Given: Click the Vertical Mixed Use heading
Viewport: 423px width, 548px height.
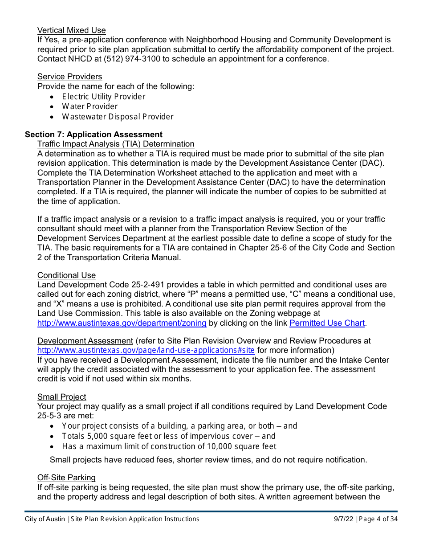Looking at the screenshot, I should [x=71, y=30].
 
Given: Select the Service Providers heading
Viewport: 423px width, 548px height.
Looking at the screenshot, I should [x=69, y=77].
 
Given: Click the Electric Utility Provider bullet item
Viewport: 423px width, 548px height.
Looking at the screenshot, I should [x=103, y=97].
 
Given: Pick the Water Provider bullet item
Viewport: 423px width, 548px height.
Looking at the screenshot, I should [x=89, y=106].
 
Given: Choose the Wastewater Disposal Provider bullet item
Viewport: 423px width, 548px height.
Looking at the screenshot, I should [x=118, y=117].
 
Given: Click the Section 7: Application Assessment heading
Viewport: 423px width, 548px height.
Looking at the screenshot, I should [x=94, y=135].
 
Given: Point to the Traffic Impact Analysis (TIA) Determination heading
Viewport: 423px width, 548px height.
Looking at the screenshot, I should [x=116, y=144].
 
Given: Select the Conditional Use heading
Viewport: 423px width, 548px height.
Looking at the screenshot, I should [x=66, y=275].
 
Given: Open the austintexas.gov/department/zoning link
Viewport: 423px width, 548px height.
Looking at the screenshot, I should [x=122, y=323].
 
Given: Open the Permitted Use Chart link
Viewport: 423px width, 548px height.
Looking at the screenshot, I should [x=327, y=323].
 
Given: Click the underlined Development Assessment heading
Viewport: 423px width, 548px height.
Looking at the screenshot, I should [x=85, y=341].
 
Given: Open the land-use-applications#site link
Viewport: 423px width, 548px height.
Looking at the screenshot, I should [x=146, y=350].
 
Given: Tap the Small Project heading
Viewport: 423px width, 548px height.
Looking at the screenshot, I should [x=61, y=397].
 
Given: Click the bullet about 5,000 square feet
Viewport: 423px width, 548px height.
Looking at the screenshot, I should [x=168, y=436].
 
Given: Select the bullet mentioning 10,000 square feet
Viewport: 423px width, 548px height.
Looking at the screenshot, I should [x=169, y=446].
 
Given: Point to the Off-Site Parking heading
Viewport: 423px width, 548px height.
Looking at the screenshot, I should [x=66, y=478].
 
